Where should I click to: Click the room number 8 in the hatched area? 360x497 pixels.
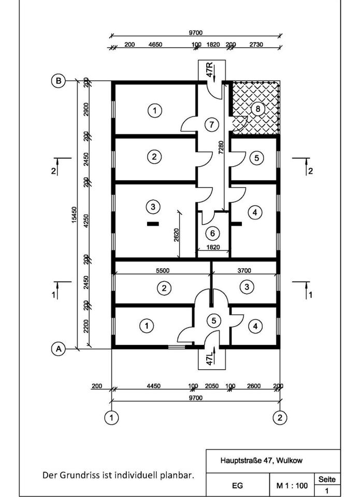point(257,109)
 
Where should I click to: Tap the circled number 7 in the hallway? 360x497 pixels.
point(209,124)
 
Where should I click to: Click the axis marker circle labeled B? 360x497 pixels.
point(59,81)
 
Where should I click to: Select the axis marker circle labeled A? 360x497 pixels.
point(59,349)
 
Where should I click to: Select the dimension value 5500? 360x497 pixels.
point(163,270)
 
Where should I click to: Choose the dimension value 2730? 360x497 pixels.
point(256,45)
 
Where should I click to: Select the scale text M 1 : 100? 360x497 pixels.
point(292,486)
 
